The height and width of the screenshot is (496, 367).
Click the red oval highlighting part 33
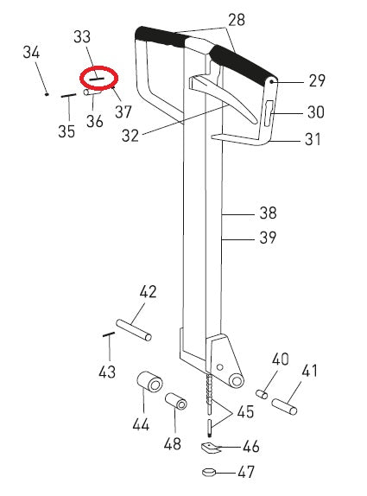(x=98, y=77)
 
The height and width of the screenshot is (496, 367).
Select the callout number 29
(x=316, y=81)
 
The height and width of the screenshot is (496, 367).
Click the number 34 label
(x=31, y=53)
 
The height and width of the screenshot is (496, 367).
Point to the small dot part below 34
(x=47, y=94)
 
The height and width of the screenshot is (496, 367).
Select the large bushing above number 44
(x=149, y=381)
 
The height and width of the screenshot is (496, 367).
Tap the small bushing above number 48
(x=176, y=403)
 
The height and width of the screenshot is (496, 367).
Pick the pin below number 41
(x=287, y=401)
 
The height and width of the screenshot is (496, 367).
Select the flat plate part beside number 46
(x=210, y=448)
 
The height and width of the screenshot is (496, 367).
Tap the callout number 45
(x=245, y=412)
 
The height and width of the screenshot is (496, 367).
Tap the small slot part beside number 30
(x=269, y=111)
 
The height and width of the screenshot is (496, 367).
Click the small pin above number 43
(x=109, y=334)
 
